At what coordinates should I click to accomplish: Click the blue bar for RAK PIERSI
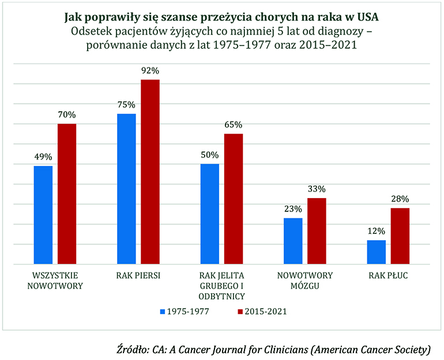[127, 189]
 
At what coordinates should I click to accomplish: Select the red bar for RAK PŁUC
[400, 236]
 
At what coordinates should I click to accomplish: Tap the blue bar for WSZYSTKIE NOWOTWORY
[43, 215]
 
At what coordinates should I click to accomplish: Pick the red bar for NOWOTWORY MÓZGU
[317, 231]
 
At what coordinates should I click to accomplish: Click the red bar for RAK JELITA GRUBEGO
[234, 199]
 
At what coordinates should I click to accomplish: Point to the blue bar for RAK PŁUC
[377, 252]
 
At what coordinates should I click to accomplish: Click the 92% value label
[150, 71]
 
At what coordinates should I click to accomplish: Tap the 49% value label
[43, 157]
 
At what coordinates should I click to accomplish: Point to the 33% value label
[317, 189]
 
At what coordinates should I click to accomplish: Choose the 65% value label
[234, 125]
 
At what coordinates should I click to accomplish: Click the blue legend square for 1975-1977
[162, 312]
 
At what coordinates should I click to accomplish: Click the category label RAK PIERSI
[138, 275]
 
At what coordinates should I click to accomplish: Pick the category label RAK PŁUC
[389, 275]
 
